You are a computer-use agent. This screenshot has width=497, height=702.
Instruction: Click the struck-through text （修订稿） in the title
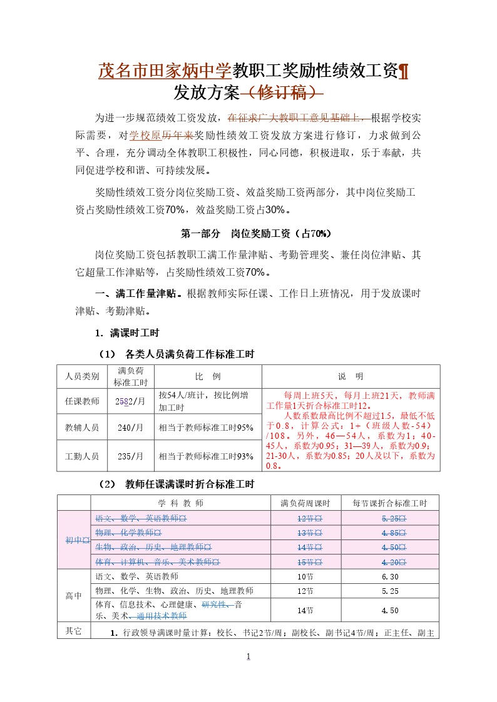coord(282,93)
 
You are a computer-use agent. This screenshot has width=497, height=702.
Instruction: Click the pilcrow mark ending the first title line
coord(404,71)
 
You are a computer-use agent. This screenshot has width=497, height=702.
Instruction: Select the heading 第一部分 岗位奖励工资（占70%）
coord(255,234)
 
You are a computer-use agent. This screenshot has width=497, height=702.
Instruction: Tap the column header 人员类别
coord(82,376)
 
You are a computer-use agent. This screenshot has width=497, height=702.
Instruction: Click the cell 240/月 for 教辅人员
coord(130,428)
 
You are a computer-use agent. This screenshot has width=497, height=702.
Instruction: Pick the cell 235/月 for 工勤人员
coord(130,456)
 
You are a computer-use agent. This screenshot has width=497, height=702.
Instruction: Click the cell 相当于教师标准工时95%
coord(206,428)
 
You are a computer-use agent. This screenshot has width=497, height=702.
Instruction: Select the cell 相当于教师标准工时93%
coord(206,456)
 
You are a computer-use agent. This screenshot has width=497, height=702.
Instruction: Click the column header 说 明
coord(351,376)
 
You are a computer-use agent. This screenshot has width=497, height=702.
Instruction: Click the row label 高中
coord(74,596)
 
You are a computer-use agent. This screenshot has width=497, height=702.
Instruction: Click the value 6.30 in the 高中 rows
coord(389,576)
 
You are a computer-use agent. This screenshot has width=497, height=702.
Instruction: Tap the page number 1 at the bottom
coord(248,656)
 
